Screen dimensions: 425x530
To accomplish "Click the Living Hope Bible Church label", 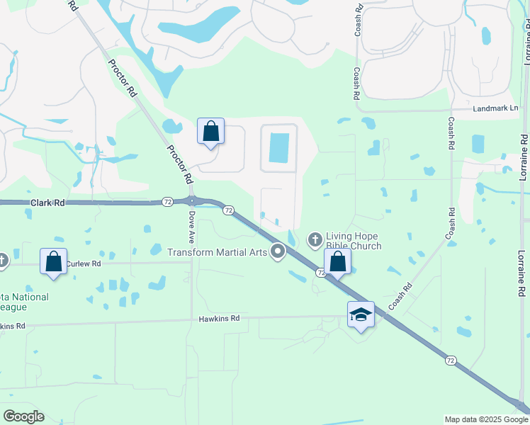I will pyautogui.click(x=354, y=241).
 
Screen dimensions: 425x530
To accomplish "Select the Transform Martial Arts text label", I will pyautogui.click(x=218, y=252).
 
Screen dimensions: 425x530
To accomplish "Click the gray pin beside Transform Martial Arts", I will pyautogui.click(x=278, y=251).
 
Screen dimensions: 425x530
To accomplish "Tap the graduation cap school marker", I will pyautogui.click(x=361, y=314).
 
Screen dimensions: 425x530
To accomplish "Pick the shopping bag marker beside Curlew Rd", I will pyautogui.click(x=54, y=261).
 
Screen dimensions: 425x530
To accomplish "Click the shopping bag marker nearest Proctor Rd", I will pyautogui.click(x=210, y=131).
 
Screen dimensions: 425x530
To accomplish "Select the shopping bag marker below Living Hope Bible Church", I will pyautogui.click(x=338, y=261).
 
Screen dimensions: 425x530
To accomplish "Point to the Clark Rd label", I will pyautogui.click(x=47, y=203).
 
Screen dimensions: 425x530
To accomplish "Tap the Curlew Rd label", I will pyautogui.click(x=84, y=263).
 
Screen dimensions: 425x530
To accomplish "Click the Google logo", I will pyautogui.click(x=23, y=416).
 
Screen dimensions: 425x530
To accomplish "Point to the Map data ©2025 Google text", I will pyautogui.click(x=485, y=419).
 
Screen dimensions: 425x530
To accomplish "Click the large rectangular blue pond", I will pyautogui.click(x=279, y=147).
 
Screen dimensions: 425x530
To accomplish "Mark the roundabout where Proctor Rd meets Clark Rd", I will pyautogui.click(x=191, y=201).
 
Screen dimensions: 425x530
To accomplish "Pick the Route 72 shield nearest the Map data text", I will pyautogui.click(x=451, y=361).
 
